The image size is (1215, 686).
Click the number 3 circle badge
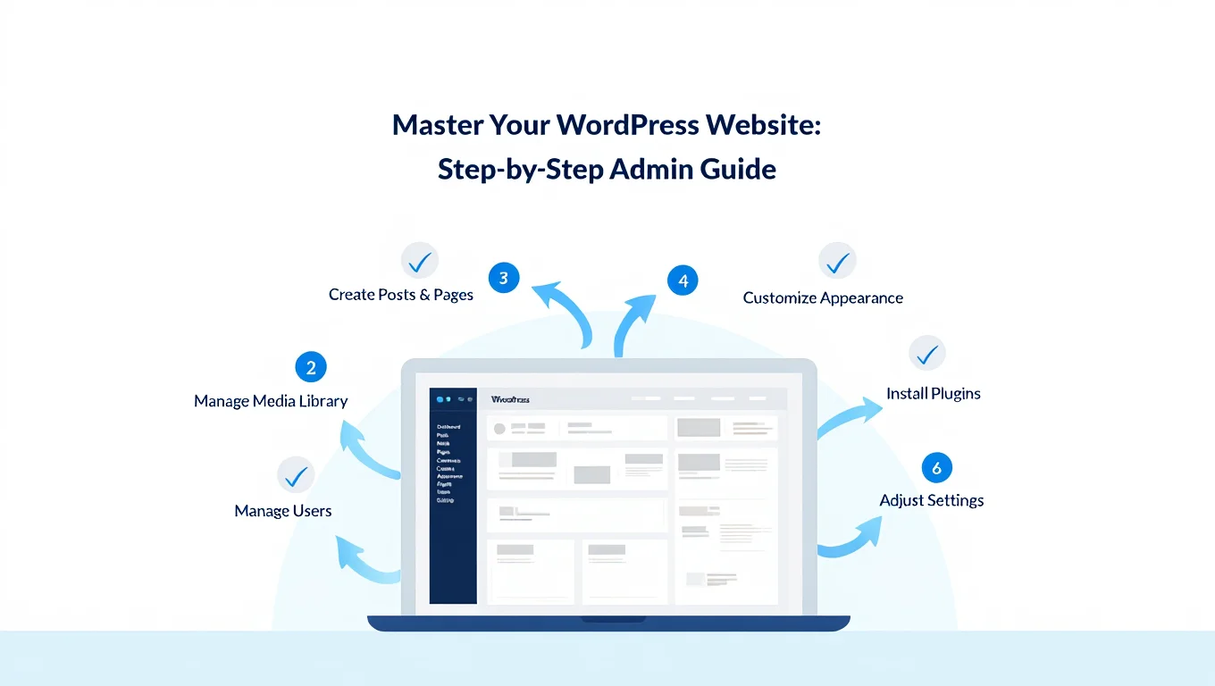504,278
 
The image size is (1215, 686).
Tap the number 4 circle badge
683,280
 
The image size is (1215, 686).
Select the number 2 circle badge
311,367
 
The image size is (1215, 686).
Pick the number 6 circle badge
936,468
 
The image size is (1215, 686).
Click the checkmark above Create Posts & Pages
419,261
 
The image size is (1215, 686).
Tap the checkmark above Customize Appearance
837,261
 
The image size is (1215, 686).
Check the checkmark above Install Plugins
927,354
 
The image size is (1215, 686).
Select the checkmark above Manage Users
295,475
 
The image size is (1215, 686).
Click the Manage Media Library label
271,401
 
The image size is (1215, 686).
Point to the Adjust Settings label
932,500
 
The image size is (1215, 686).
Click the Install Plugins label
933,393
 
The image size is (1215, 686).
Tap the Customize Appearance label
823,298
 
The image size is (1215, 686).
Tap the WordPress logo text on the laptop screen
510,399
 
